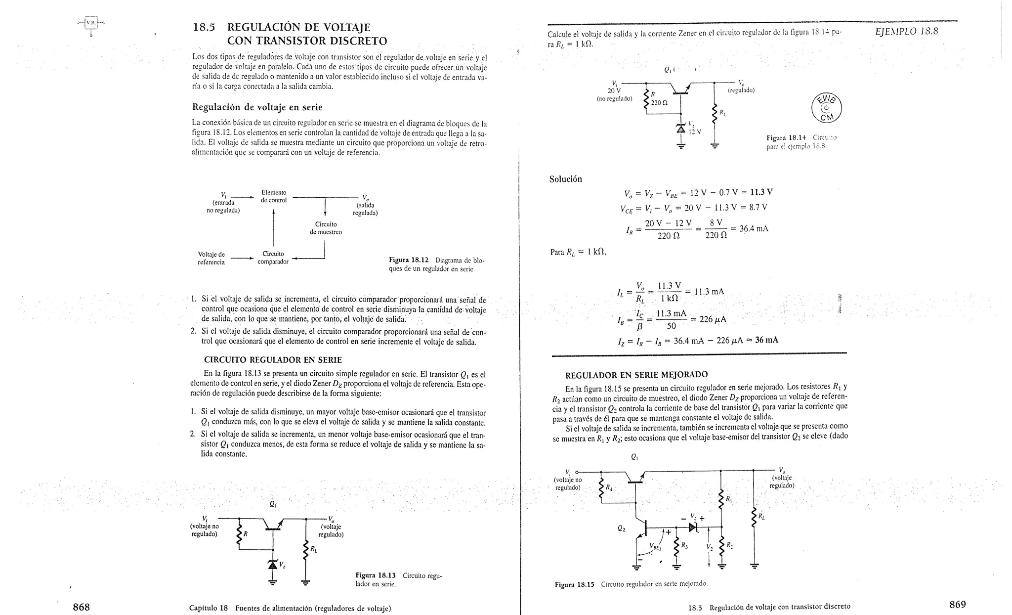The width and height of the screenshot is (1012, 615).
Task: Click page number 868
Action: point(81,607)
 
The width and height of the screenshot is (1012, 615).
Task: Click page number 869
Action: point(957,604)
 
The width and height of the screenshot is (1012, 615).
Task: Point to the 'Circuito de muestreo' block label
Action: point(326,228)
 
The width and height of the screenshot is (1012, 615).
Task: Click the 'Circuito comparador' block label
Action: point(273,258)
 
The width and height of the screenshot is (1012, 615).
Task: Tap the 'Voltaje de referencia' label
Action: point(211,258)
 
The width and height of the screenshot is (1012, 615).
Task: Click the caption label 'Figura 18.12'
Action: point(408,260)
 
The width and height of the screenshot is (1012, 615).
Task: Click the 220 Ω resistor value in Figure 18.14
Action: point(659,103)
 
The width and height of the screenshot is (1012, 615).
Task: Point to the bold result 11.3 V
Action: point(761,192)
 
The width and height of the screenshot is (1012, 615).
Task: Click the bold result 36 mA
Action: point(766,340)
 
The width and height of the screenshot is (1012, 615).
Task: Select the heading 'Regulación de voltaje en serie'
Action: point(257,107)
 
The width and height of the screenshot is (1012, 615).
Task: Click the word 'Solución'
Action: point(565,179)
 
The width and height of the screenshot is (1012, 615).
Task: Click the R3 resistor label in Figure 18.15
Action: point(684,546)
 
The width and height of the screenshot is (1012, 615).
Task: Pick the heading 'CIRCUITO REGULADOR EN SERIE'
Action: point(273,360)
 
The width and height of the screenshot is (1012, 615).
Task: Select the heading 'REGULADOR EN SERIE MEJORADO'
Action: point(636,374)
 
